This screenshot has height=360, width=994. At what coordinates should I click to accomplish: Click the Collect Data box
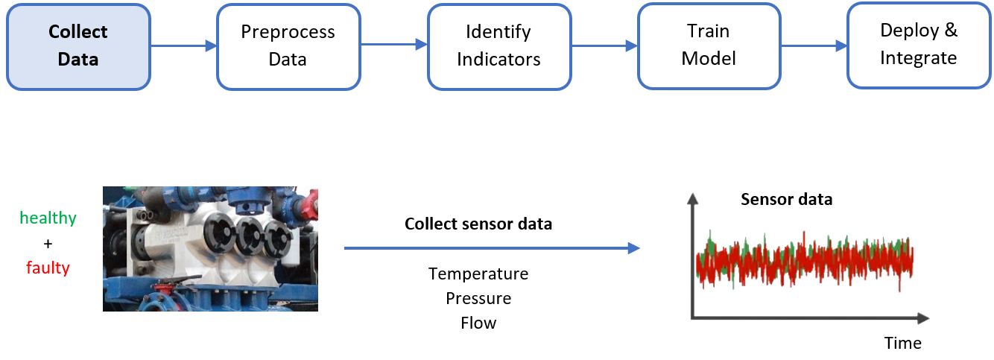point(78,46)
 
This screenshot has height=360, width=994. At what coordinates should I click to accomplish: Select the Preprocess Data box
point(288,46)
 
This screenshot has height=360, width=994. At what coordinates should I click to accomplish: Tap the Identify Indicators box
point(498,46)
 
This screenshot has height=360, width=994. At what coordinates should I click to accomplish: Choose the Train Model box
point(709,45)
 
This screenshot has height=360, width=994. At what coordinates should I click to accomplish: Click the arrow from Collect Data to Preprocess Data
point(183,46)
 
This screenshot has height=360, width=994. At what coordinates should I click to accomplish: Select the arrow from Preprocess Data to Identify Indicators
point(393,46)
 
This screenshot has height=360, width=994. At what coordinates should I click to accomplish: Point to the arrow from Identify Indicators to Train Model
point(604,46)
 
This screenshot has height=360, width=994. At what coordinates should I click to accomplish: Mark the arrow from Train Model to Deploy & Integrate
point(814,45)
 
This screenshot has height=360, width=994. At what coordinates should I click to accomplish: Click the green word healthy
point(48,218)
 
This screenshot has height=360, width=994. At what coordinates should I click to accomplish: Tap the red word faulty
point(48,268)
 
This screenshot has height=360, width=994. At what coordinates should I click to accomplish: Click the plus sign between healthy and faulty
point(48,243)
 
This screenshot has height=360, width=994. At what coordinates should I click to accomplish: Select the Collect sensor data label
point(478,224)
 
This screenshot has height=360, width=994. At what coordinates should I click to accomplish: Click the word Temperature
point(478,274)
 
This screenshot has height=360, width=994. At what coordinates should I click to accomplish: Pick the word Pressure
point(478,298)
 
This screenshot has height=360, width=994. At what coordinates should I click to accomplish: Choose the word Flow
point(478,323)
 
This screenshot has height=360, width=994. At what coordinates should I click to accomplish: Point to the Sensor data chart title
point(786,200)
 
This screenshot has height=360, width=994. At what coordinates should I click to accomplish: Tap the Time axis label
point(902,343)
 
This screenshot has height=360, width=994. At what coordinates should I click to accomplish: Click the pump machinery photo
point(210,248)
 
